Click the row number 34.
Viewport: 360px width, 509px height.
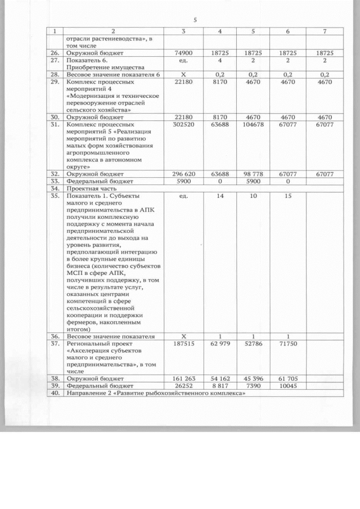pyautogui.click(x=55, y=190)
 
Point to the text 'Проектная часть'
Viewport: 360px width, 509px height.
pyautogui.click(x=90, y=190)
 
